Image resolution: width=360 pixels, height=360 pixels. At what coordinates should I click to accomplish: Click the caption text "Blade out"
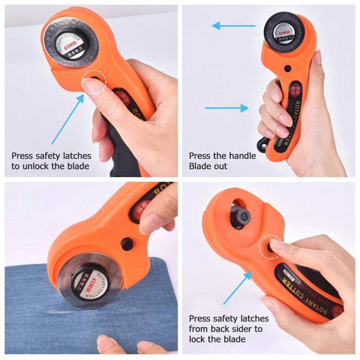tap(208, 166)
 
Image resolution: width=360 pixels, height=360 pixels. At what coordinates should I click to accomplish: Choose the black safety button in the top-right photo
tap(287, 68)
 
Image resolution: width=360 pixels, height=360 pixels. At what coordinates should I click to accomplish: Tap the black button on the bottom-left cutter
tap(126, 243)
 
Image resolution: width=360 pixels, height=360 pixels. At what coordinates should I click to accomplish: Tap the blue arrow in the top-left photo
tap(67, 119)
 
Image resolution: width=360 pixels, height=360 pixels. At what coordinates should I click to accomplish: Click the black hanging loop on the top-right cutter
tap(262, 144)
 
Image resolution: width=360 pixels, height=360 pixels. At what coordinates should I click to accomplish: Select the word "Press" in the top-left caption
tap(22, 156)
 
